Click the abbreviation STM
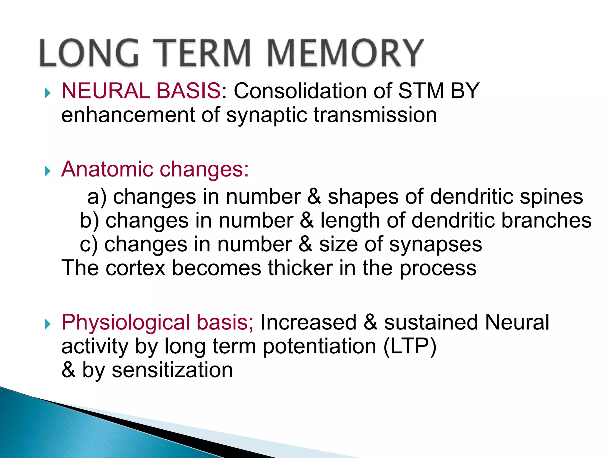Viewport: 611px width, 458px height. tap(421, 91)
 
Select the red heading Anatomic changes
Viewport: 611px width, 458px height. tap(155, 169)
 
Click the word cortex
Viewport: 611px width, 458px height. tap(135, 268)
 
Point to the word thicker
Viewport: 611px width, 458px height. tap(300, 268)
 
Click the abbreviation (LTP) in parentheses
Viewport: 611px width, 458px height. tap(410, 347)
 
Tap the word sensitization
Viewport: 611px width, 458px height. tap(172, 370)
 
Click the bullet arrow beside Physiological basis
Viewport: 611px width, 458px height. tap(48, 324)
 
